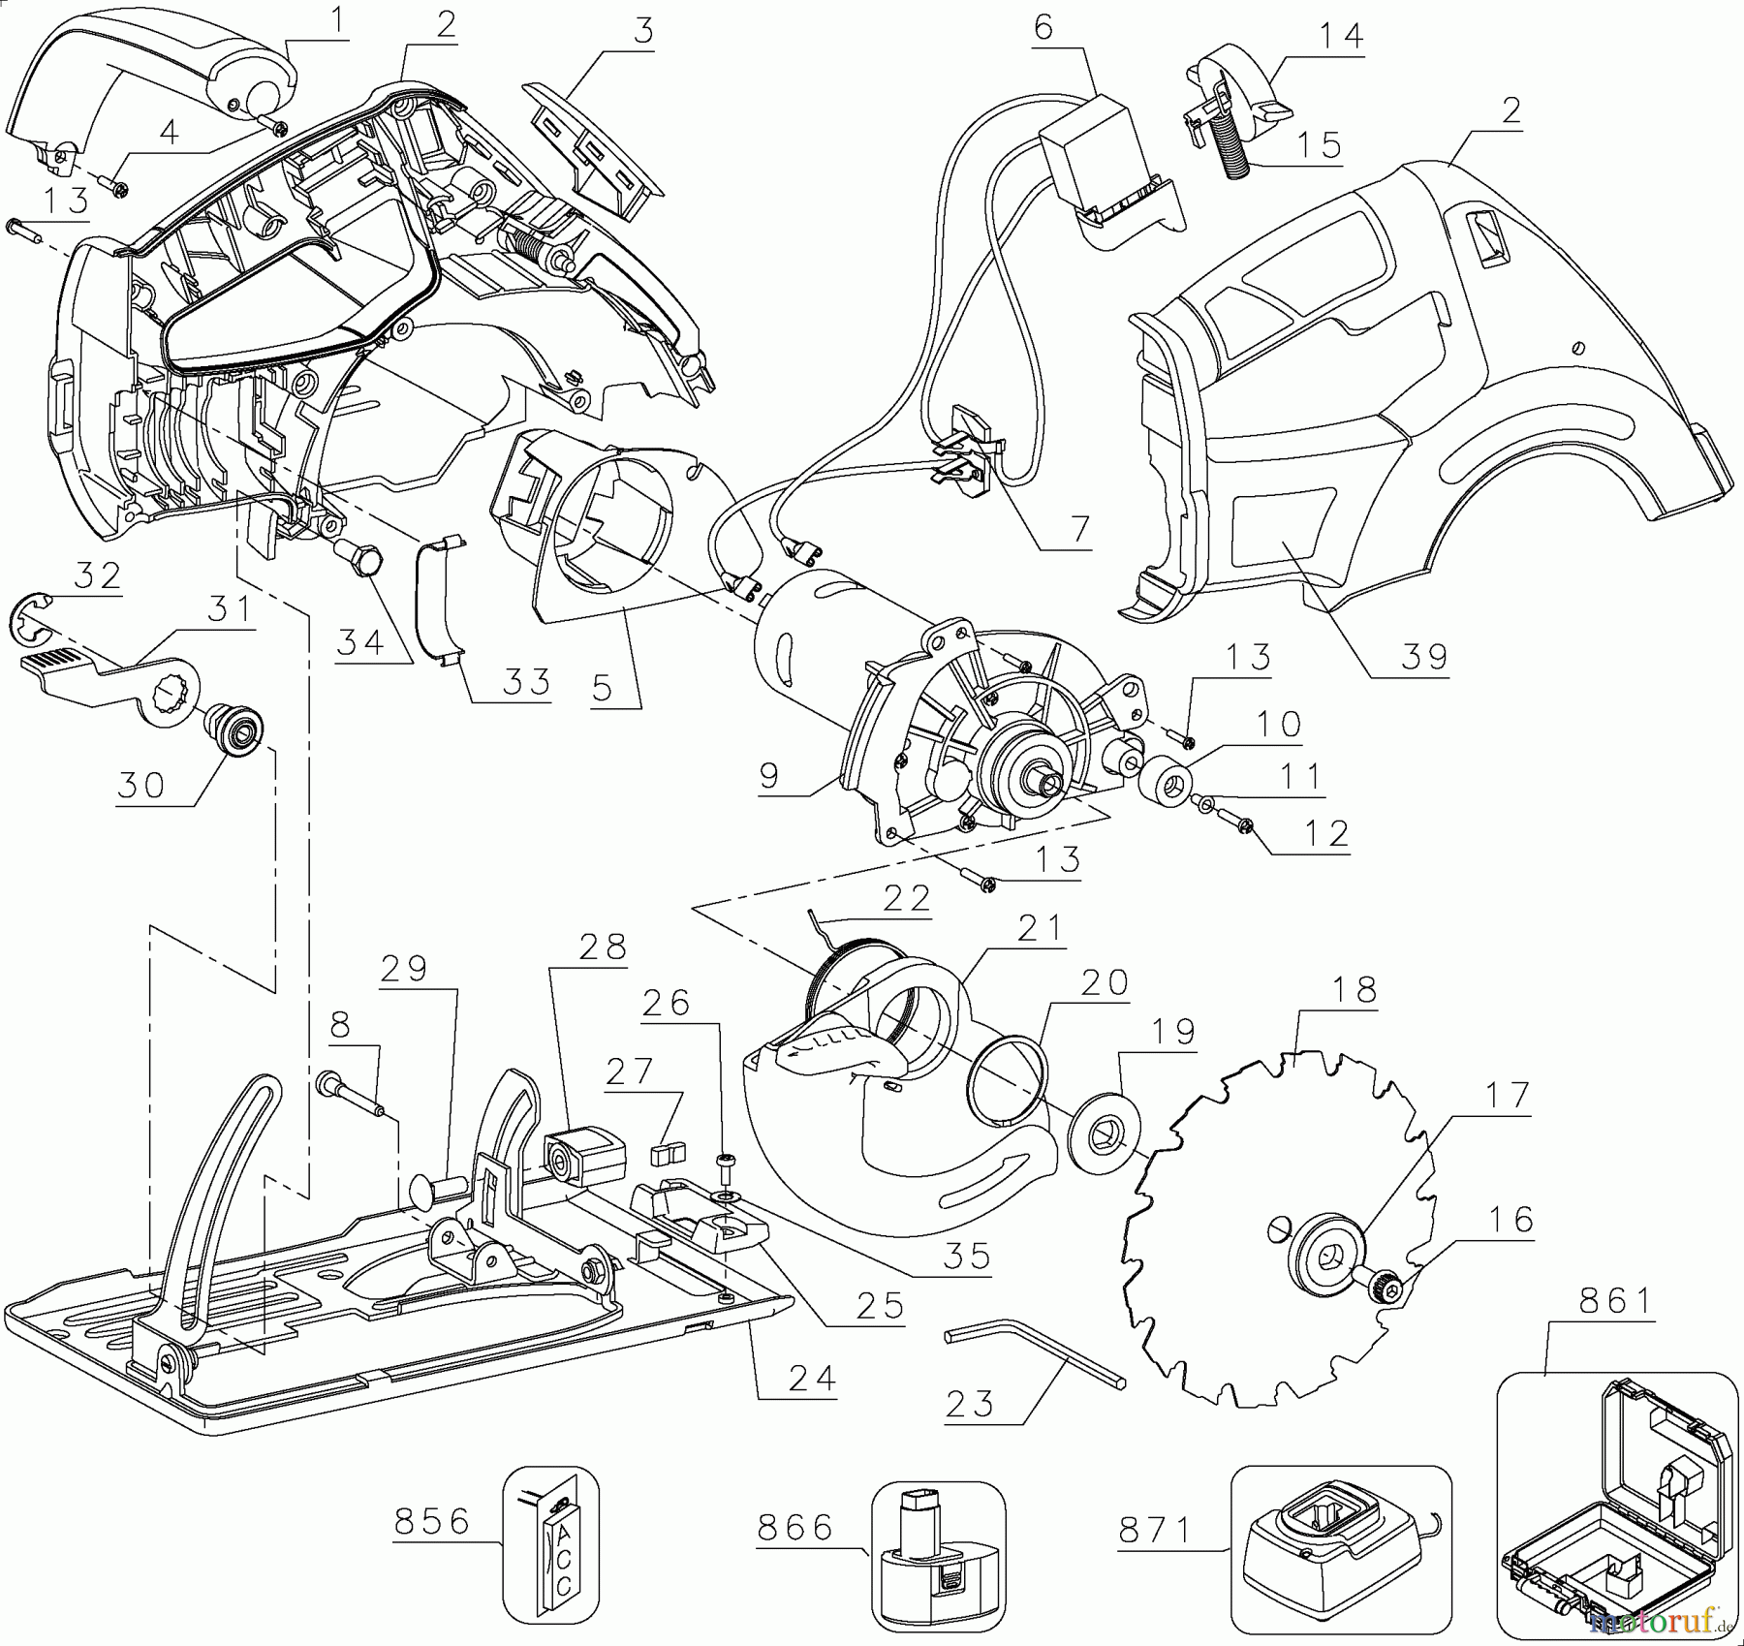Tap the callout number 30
pos(140,785)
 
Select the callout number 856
pos(432,1521)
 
